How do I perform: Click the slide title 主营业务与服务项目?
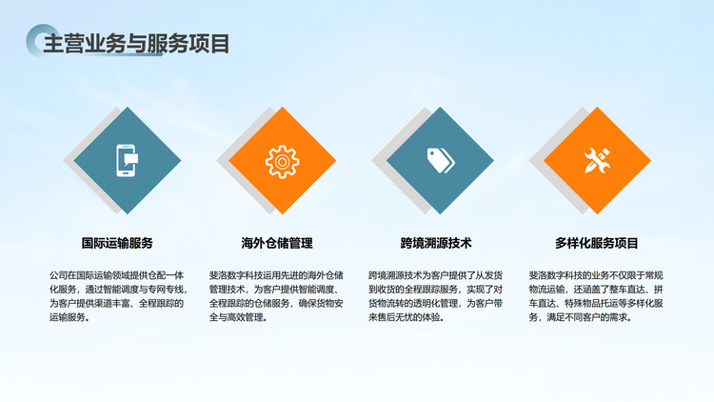(x=136, y=44)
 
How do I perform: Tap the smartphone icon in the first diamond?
(x=127, y=160)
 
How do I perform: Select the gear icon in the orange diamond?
(x=283, y=161)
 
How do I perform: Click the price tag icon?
(x=441, y=160)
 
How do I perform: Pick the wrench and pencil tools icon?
(x=597, y=160)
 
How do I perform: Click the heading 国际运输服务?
(x=117, y=243)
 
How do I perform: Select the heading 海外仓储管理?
(x=277, y=243)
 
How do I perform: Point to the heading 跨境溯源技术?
(x=436, y=243)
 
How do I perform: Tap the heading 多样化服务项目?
(x=597, y=243)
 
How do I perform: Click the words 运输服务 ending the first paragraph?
(x=68, y=317)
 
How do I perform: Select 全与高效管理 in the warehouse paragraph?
(x=236, y=317)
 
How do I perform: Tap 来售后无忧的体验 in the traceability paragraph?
(x=405, y=317)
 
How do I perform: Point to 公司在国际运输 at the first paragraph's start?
(x=81, y=275)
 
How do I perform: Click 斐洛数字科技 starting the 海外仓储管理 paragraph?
(x=236, y=275)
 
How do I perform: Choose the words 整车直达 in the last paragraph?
(x=627, y=290)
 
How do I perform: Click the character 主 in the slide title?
(x=53, y=44)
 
